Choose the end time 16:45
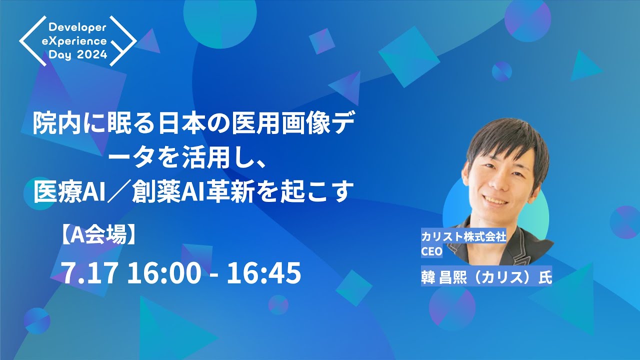[263, 273]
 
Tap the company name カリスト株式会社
[463, 237]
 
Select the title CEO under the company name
[432, 251]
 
